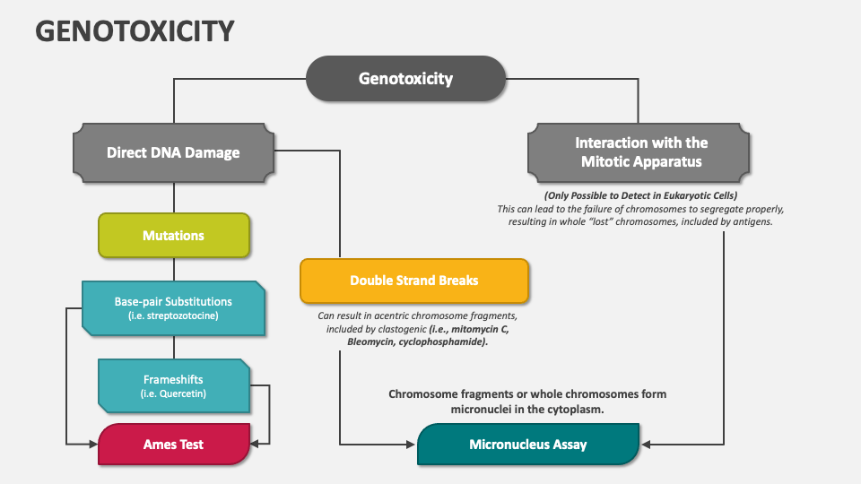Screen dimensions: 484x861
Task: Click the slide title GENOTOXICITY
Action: pyautogui.click(x=135, y=30)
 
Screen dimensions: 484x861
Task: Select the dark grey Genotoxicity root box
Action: pyautogui.click(x=405, y=78)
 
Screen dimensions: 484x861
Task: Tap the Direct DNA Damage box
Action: pyautogui.click(x=173, y=152)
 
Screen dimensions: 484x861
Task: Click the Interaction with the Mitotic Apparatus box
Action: pyautogui.click(x=640, y=152)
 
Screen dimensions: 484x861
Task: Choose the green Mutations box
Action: pyautogui.click(x=173, y=236)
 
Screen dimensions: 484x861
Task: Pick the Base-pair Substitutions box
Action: pyautogui.click(x=173, y=308)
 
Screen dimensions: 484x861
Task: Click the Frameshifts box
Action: pyautogui.click(x=173, y=385)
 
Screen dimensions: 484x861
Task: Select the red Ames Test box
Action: pyautogui.click(x=173, y=445)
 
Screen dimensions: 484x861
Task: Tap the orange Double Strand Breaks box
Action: pyautogui.click(x=413, y=281)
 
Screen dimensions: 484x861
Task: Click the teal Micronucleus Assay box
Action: pyautogui.click(x=527, y=445)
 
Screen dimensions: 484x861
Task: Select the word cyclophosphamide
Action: pyautogui.click(x=443, y=342)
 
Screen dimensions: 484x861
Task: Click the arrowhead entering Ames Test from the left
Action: pyautogui.click(x=92, y=443)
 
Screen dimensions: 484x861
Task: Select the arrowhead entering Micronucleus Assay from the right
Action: pyautogui.click(x=646, y=443)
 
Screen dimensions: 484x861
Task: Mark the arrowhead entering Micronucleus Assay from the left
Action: pyautogui.click(x=412, y=443)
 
